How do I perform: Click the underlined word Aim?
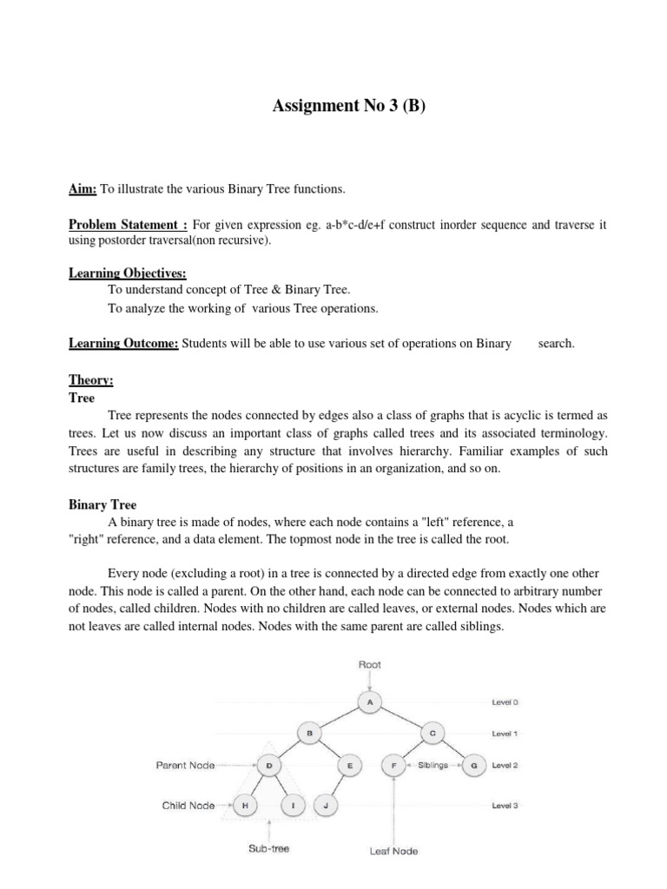pyautogui.click(x=84, y=188)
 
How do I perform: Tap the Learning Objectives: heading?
pyautogui.click(x=122, y=273)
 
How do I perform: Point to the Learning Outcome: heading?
pyautogui.click(x=124, y=343)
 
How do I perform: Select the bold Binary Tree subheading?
pyautogui.click(x=102, y=504)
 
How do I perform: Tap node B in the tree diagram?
pyautogui.click(x=308, y=734)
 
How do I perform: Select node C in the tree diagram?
pyautogui.click(x=432, y=734)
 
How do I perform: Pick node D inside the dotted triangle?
pyautogui.click(x=268, y=766)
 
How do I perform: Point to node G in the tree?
pyautogui.click(x=474, y=766)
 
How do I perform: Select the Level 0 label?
pyautogui.click(x=505, y=702)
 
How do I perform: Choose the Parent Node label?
pyautogui.click(x=186, y=766)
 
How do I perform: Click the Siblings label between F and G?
pyautogui.click(x=433, y=766)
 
